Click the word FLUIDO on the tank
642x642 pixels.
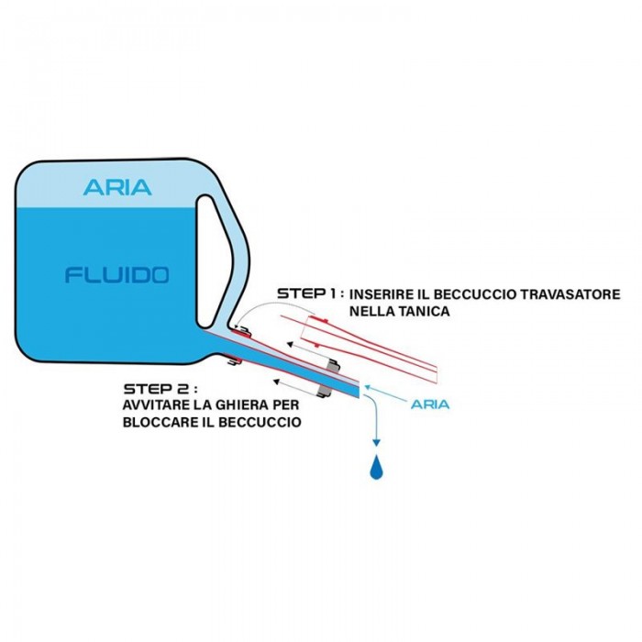coord(116,274)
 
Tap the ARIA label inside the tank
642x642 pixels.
coord(117,187)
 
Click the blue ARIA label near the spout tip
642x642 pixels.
coord(430,403)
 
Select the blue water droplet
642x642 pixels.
coord(375,469)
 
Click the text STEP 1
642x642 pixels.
coord(309,293)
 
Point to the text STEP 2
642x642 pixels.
coord(158,388)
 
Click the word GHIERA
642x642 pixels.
coord(255,405)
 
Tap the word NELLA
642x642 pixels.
coord(371,312)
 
